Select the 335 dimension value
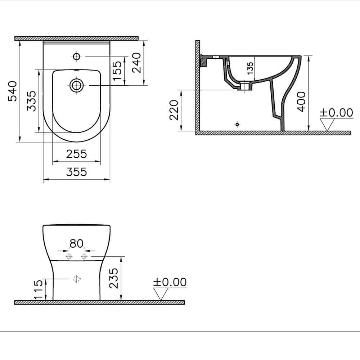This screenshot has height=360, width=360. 32,101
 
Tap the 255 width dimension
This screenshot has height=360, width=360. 77,154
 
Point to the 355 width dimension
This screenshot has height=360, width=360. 77,172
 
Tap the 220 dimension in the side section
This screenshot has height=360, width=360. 174,110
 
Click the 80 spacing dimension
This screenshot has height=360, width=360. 76,244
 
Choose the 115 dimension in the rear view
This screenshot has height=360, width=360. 39,289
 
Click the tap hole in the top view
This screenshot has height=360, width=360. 76,57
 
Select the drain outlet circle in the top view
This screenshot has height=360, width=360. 76,85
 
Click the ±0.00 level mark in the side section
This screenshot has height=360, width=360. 336,113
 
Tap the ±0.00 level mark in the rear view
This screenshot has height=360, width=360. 170,282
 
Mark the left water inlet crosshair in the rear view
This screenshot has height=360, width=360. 68,256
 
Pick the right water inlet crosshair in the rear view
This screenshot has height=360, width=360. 84,256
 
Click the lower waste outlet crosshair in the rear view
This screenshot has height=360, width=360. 76,279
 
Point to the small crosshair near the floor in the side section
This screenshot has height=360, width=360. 237,124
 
